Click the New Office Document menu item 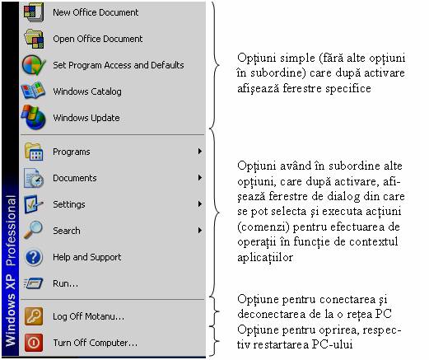tap(96, 12)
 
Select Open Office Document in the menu tap(98, 39)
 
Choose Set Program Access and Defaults tap(119, 65)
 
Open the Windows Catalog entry tap(87, 91)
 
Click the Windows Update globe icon tap(34, 117)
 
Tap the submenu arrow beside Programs tap(200, 152)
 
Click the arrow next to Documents tap(200, 178)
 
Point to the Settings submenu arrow tap(200, 204)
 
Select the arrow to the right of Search tap(200, 231)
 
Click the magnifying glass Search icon tap(33, 230)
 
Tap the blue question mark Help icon tap(34, 257)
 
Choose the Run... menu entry tap(65, 283)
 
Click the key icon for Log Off tap(34, 316)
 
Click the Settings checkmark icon tap(33, 204)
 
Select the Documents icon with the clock tap(34, 178)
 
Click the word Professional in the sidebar tap(11, 231)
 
